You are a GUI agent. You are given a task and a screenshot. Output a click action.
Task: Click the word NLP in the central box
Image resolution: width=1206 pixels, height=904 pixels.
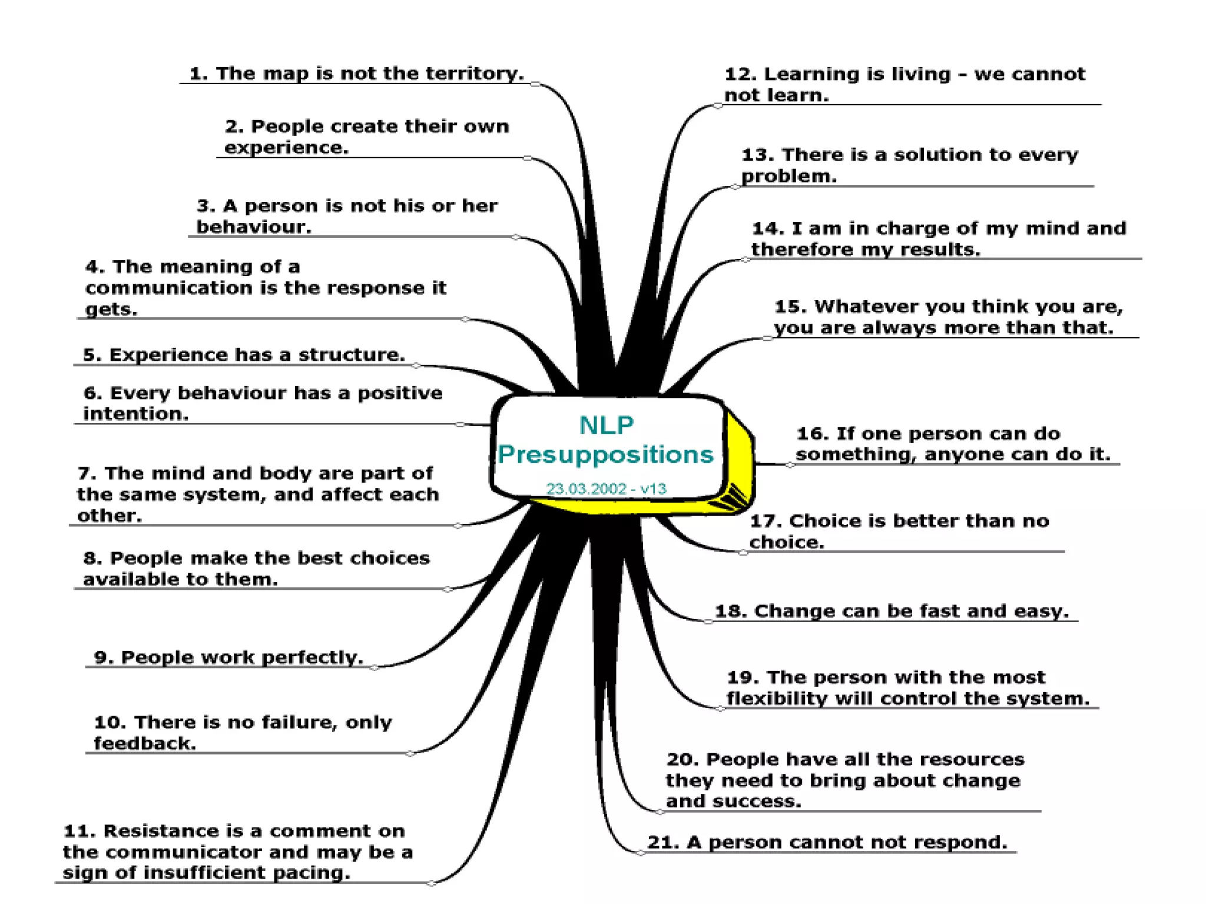pyautogui.click(x=607, y=425)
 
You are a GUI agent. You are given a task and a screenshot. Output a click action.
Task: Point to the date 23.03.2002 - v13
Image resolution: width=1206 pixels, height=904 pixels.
pyautogui.click(x=606, y=488)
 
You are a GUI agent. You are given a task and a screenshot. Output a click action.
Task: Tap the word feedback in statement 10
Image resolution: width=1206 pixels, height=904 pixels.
pyautogui.click(x=144, y=743)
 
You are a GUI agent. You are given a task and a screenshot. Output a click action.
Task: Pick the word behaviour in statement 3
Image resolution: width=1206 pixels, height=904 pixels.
pyautogui.click(x=253, y=227)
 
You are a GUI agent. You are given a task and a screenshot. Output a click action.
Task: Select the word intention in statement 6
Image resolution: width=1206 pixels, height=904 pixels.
pyautogui.click(x=135, y=414)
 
